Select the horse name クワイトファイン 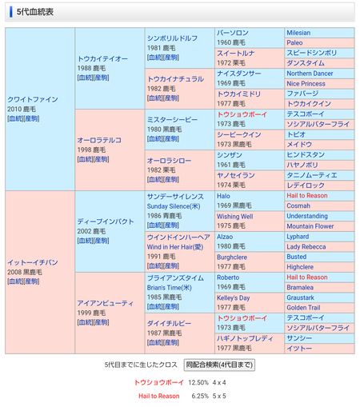33,99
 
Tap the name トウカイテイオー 102,58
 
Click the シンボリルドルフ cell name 172,38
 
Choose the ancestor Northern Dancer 310,73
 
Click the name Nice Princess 306,83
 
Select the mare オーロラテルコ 100,140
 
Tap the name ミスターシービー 172,119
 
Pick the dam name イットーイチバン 33,261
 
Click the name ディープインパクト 105,221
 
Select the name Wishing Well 234,216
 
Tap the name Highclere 301,267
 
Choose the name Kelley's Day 234,297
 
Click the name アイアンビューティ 105,302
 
